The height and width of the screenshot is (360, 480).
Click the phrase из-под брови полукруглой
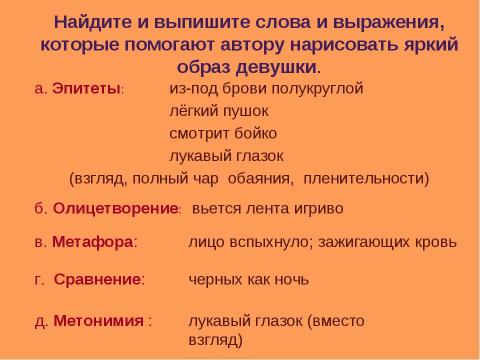point(265,88)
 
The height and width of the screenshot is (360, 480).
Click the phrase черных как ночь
point(249,280)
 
